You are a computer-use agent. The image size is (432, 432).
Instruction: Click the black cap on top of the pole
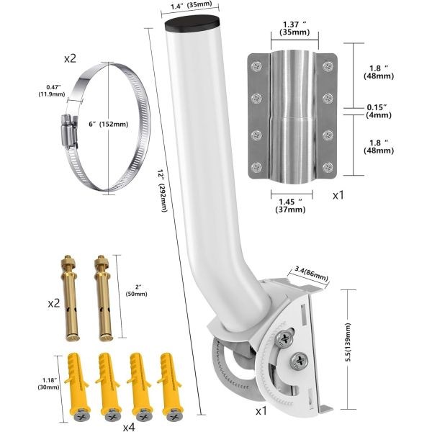[x=194, y=24]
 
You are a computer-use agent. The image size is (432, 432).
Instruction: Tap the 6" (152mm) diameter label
[x=108, y=125]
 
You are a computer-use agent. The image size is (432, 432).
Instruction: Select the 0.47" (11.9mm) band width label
[x=52, y=91]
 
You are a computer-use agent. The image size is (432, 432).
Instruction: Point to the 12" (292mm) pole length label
[x=162, y=191]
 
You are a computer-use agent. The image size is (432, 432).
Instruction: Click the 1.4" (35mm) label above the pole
[x=191, y=5]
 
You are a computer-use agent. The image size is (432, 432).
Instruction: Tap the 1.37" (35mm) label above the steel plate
[x=294, y=28]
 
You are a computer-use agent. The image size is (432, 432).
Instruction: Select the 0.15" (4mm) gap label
[x=379, y=111]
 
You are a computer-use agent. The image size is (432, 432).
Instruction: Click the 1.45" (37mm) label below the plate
[x=290, y=205]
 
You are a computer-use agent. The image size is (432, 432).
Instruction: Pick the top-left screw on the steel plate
[x=257, y=66]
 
